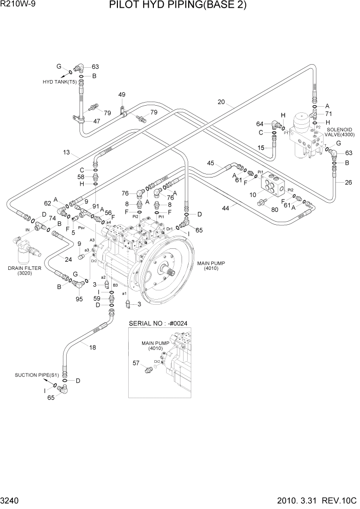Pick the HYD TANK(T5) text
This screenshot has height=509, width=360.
tap(59, 82)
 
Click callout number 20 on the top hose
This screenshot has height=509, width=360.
tap(221, 102)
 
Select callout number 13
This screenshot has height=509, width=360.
tap(67, 152)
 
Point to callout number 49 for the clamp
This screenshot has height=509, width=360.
tap(122, 95)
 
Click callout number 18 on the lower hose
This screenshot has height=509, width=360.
tap(92, 347)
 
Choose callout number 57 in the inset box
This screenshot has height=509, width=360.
tap(136, 363)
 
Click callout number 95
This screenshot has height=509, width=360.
tap(79, 299)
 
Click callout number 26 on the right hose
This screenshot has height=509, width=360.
tap(349, 182)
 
